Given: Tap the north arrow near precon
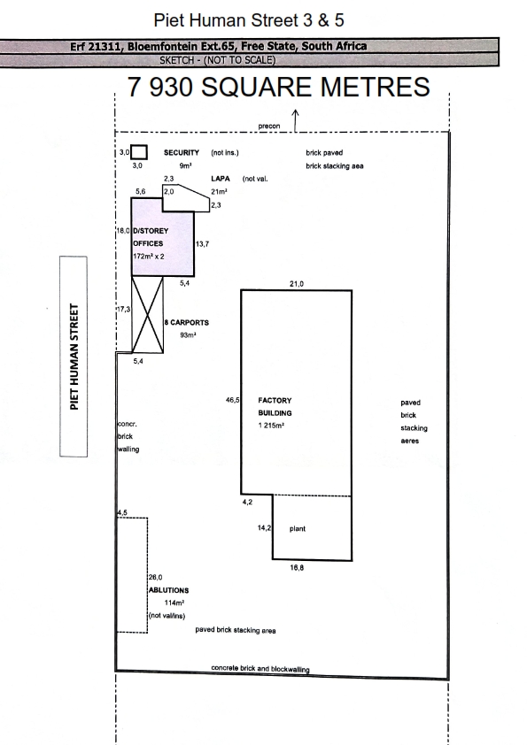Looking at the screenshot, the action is click(295, 120).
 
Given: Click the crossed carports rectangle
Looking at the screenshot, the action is click(147, 314).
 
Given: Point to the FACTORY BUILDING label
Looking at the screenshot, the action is click(275, 407).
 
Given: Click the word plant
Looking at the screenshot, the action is click(298, 528).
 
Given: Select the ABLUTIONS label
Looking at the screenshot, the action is click(169, 590).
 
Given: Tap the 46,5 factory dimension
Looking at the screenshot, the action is click(233, 400).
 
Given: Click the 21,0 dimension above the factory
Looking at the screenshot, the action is click(297, 284).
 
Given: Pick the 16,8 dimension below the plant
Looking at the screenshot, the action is click(297, 567).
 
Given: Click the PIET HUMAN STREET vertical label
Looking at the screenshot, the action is click(74, 357).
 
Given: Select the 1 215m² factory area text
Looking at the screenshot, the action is click(271, 426).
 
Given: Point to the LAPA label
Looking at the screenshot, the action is click(221, 178).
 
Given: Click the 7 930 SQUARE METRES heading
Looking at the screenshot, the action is click(279, 87).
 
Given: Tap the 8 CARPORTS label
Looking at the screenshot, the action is click(187, 322).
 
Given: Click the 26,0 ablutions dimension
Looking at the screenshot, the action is click(156, 577).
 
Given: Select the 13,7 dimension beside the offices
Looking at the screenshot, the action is click(202, 243).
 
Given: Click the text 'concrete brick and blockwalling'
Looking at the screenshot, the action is click(260, 669).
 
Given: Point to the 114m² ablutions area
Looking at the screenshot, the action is click(174, 603).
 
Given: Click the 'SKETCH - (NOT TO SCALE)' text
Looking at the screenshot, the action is click(217, 60).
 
